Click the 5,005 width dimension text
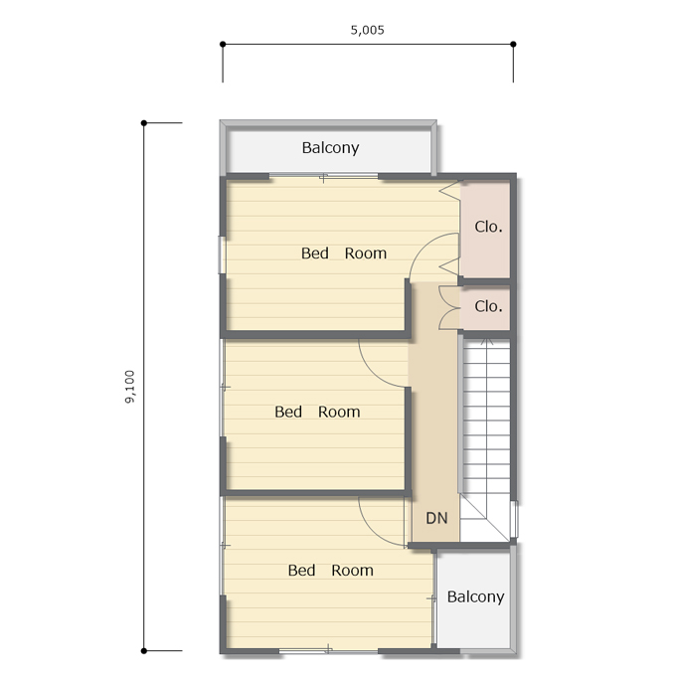[367, 30]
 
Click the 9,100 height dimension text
[130, 387]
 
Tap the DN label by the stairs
[436, 518]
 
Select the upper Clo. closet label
[488, 227]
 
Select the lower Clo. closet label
[488, 306]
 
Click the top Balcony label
[330, 148]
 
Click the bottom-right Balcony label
[475, 596]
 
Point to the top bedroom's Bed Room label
[344, 253]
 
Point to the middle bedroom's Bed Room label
[317, 412]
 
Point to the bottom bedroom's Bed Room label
[331, 571]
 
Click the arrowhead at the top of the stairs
[487, 341]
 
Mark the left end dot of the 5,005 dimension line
[223, 44]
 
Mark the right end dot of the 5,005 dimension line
[513, 44]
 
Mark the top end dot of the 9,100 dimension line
[144, 123]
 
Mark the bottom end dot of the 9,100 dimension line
[144, 651]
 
